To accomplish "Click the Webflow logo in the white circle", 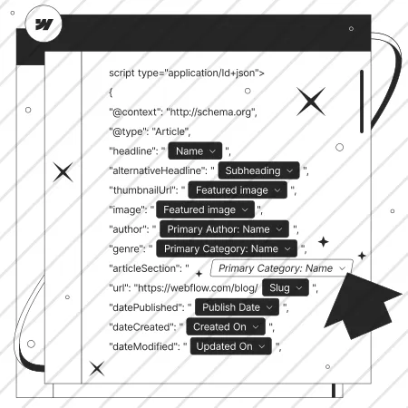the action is (x=44, y=24).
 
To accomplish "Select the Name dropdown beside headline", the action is (x=195, y=151).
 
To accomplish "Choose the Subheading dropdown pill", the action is (x=258, y=170).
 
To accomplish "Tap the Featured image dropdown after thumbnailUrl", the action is (x=238, y=190).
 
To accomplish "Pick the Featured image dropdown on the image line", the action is (x=206, y=209).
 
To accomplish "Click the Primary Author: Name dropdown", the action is (x=224, y=229).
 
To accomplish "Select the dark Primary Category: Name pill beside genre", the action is (x=227, y=248).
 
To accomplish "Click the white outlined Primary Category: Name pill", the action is (x=281, y=268).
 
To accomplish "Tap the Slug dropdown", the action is (x=286, y=287).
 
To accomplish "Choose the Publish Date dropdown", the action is (x=238, y=307).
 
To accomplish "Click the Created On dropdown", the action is (x=226, y=326).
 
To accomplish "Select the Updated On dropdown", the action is (x=231, y=346).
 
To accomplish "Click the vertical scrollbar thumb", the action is (x=362, y=102).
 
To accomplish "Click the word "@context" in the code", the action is (x=135, y=112).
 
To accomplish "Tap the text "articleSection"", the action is (x=148, y=268).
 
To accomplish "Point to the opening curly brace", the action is (x=111, y=92).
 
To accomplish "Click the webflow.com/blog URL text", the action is (x=198, y=287).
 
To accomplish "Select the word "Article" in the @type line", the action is (x=170, y=131).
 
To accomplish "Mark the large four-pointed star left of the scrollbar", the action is (x=311, y=102).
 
